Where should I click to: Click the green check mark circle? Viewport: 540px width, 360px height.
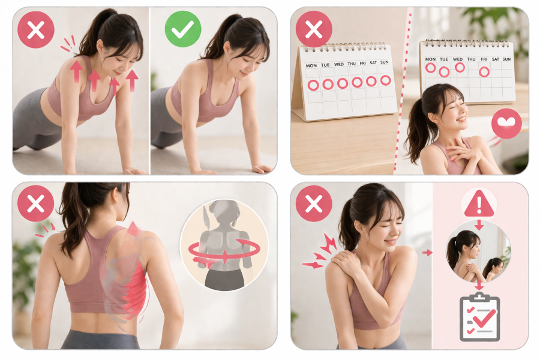click(x=183, y=29)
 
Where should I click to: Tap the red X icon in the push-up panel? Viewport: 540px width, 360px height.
click(x=36, y=29)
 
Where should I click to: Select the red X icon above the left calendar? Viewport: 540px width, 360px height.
click(x=314, y=29)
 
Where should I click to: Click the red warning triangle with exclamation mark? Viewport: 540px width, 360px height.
click(x=479, y=204)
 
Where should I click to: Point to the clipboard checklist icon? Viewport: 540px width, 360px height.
click(x=479, y=317)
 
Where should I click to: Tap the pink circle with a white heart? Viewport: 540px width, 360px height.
click(x=506, y=124)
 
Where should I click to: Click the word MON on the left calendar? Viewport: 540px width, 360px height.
click(x=311, y=65)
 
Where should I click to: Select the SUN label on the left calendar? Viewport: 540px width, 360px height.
click(x=385, y=62)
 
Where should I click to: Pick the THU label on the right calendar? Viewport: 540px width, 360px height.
click(x=471, y=59)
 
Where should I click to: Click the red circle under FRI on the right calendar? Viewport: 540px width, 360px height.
click(x=484, y=71)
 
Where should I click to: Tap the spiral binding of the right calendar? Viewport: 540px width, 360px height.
click(x=467, y=43)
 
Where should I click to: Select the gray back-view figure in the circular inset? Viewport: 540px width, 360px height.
click(x=224, y=245)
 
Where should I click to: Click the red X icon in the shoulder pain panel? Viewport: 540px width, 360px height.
click(x=314, y=203)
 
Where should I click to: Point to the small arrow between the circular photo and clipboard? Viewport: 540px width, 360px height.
click(x=479, y=285)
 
